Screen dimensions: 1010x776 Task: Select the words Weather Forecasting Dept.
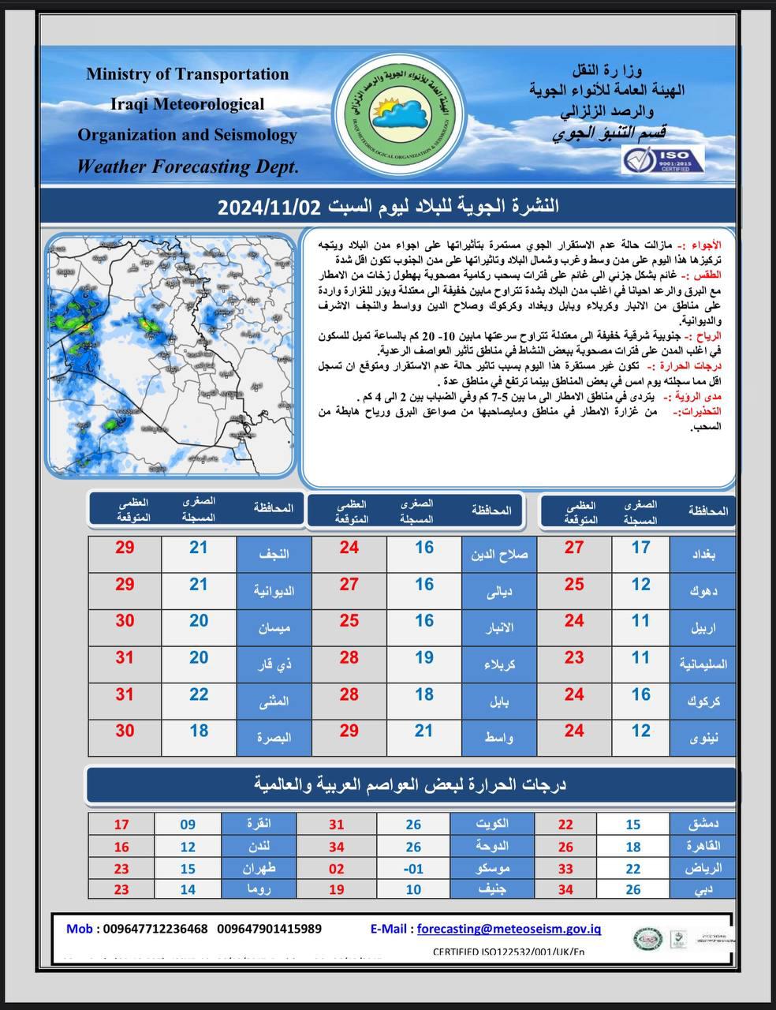point(187,166)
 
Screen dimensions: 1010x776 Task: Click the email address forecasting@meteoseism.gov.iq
point(509,929)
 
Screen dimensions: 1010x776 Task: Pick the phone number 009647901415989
point(269,929)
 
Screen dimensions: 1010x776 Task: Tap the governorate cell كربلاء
point(500,664)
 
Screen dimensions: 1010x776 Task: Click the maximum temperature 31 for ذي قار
point(125,656)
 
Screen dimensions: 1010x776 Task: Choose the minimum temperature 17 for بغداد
point(640,547)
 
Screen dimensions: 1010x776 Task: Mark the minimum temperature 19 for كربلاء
point(423,656)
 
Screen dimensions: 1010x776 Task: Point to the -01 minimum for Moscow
point(412,869)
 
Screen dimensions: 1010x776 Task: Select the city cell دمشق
point(704,824)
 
